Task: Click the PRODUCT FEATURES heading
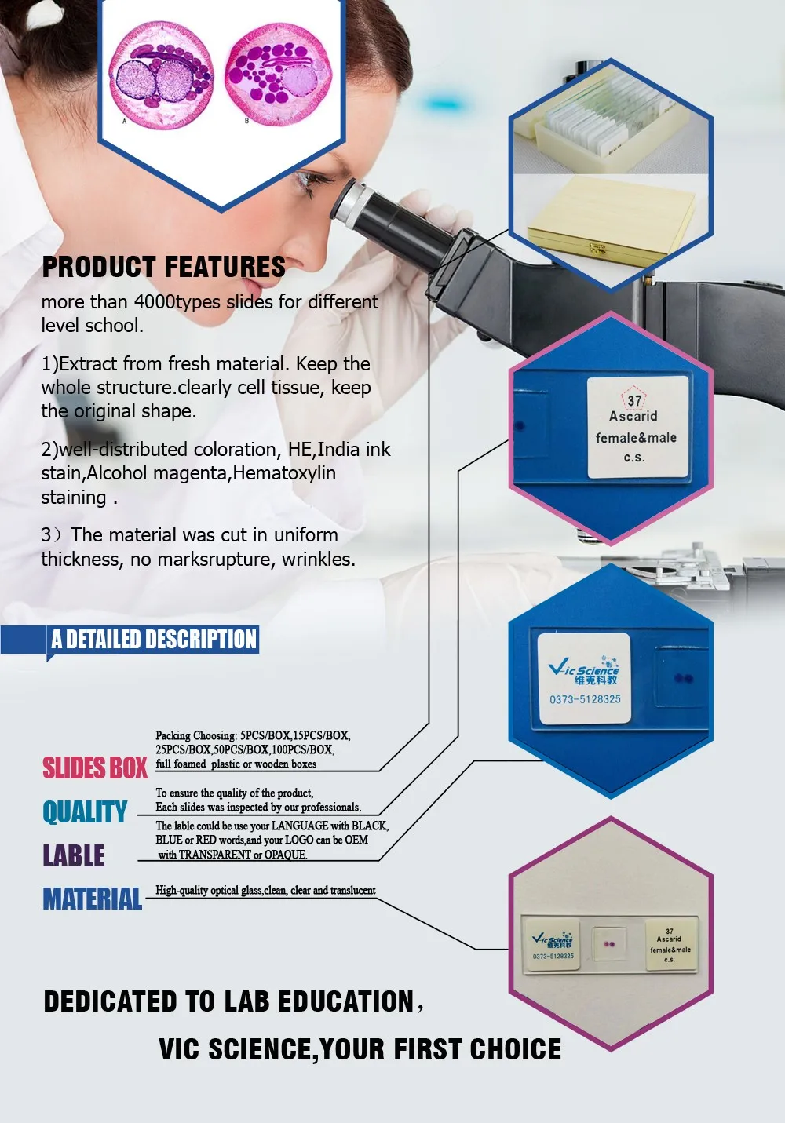pyautogui.click(x=163, y=268)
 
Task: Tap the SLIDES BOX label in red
pyautogui.click(x=95, y=768)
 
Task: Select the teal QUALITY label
pyautogui.click(x=85, y=811)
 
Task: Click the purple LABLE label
pyautogui.click(x=74, y=855)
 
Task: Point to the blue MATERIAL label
pyautogui.click(x=93, y=899)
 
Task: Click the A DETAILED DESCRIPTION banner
pyautogui.click(x=154, y=640)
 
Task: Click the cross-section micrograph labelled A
pyautogui.click(x=161, y=75)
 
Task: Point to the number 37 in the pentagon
pyautogui.click(x=634, y=400)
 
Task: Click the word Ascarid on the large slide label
pyautogui.click(x=633, y=417)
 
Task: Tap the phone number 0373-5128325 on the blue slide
pyautogui.click(x=585, y=699)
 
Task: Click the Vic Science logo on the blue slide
pyautogui.click(x=585, y=669)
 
